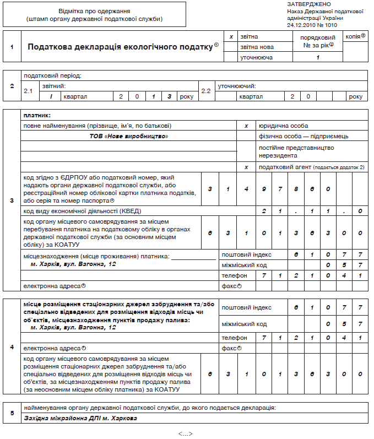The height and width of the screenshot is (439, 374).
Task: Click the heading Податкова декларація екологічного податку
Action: click(120, 47)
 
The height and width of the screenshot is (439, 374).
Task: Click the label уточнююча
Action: click(257, 57)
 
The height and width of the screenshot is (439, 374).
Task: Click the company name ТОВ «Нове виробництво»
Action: click(129, 136)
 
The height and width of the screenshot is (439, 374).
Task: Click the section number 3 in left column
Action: click(12, 200)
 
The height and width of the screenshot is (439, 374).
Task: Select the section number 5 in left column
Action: click(12, 413)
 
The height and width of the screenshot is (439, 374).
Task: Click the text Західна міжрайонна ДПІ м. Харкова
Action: click(80, 418)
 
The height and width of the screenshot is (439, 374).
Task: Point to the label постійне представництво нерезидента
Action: click(296, 151)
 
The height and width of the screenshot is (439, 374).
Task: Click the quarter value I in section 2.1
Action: click(51, 96)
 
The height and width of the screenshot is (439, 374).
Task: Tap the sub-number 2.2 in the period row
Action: click(205, 91)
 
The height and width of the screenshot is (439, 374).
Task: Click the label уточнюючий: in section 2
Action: click(237, 86)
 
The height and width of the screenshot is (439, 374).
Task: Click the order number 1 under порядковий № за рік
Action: click(318, 57)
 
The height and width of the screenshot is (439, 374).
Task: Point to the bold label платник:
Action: click(37, 115)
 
